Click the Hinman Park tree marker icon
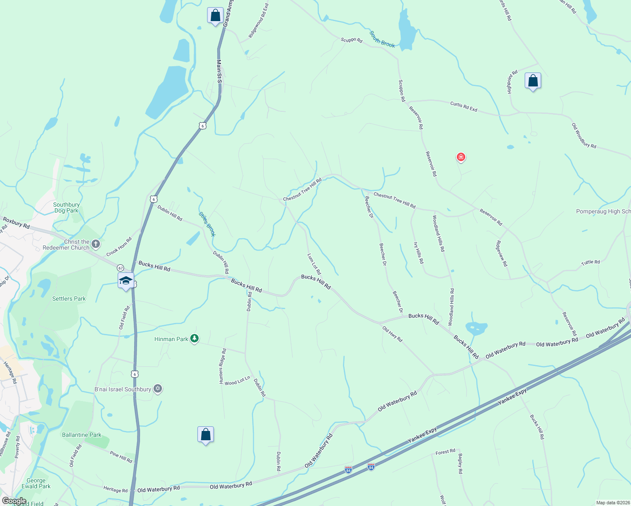tap(194, 338)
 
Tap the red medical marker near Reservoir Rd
tap(461, 157)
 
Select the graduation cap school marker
tap(126, 280)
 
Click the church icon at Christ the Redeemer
tap(96, 244)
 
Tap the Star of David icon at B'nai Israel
tap(158, 388)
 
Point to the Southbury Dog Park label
tap(66, 207)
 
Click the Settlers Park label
tap(69, 299)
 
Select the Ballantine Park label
tap(82, 435)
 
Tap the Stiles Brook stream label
tap(207, 224)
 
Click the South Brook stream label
tap(382, 39)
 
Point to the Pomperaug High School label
tap(603, 211)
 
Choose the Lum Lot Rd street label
tap(314, 264)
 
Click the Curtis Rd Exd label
tap(464, 106)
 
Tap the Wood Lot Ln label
tap(237, 381)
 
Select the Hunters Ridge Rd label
tap(222, 366)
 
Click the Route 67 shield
tap(121, 268)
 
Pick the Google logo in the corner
tap(14, 501)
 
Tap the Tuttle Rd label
tap(591, 262)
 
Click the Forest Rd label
tap(445, 452)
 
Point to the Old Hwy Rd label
tap(392, 334)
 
